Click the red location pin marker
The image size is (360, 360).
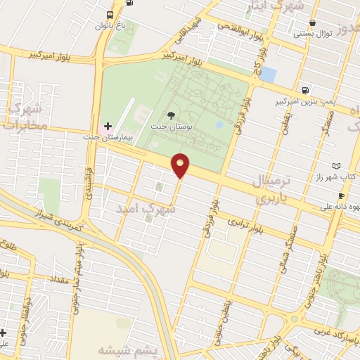[x=181, y=165]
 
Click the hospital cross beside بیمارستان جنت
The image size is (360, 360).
[x=107, y=126]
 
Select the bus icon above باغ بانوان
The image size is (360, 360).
[x=110, y=15]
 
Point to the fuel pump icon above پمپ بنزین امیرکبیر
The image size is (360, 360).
[x=304, y=90]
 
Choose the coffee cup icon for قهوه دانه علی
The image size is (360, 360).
[x=340, y=195]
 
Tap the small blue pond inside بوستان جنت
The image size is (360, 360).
[x=220, y=124]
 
